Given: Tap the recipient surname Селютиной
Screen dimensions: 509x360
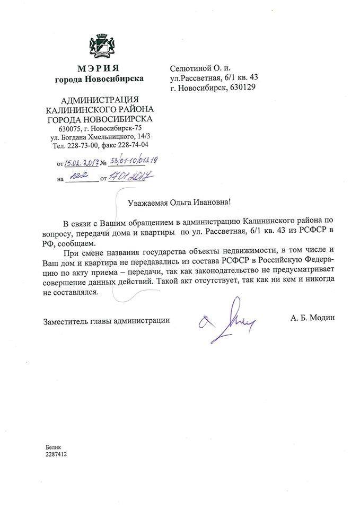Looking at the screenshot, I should coord(194,68).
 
